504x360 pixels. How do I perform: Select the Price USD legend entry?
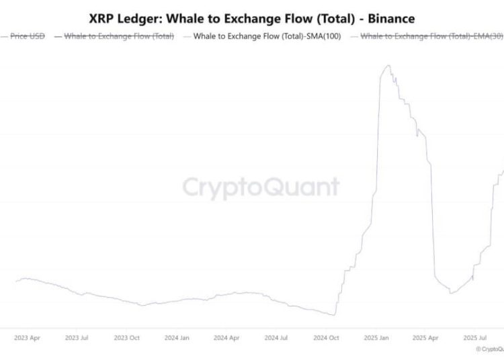28,36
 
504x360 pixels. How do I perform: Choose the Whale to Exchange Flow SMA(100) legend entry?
267,36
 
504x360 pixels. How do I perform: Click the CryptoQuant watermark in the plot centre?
261,187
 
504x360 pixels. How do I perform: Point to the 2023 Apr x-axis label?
27,337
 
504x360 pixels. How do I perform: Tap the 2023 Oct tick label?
127,337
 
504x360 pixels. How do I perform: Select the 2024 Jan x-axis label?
177,337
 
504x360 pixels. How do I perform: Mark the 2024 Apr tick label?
226,337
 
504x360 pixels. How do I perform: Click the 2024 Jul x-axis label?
276,337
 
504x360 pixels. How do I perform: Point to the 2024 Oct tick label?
326,337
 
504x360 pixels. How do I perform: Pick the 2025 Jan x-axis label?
376,337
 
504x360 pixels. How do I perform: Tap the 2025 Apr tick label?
425,337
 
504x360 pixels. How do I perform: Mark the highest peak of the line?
387,66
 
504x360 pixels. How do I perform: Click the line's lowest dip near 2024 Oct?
333,314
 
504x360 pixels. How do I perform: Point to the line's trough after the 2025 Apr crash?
451,293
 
